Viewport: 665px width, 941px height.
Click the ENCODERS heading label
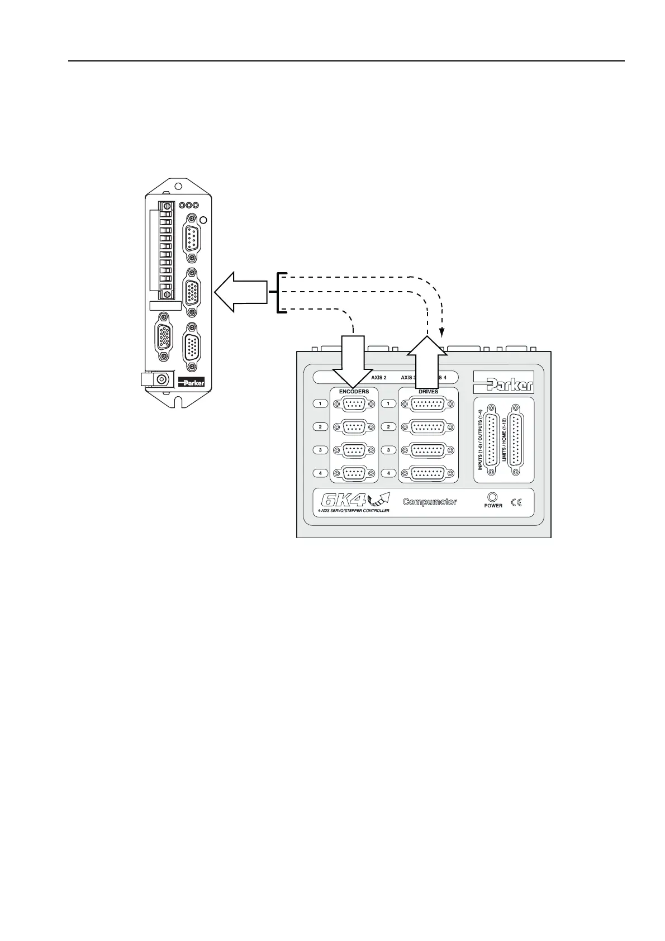[x=354, y=391]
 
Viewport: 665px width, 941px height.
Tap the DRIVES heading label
[x=428, y=391]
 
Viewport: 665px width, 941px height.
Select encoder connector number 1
[x=353, y=404]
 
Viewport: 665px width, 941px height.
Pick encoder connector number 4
[x=353, y=473]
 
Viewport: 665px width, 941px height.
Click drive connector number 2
[x=428, y=427]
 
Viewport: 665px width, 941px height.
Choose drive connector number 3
[x=428, y=450]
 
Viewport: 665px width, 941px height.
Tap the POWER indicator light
[x=492, y=497]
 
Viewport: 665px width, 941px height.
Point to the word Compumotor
[x=430, y=502]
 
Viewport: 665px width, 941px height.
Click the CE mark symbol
[x=516, y=502]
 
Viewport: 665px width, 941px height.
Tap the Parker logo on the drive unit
[x=191, y=383]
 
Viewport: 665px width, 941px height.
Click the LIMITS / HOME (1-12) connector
[x=514, y=440]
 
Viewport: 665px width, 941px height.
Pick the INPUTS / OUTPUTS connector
[x=491, y=440]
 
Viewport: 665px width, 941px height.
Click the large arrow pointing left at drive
[x=241, y=292]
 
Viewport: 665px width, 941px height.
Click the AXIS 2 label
[x=379, y=378]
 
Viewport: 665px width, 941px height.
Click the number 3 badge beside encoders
[x=320, y=450]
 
